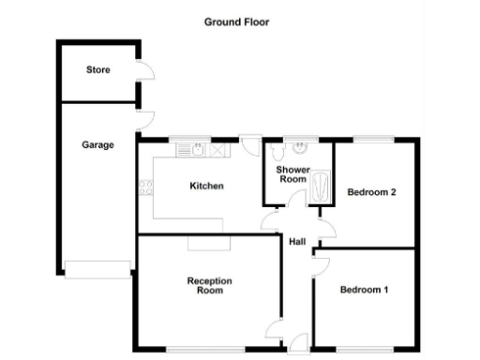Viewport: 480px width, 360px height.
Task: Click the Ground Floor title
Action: (236, 21)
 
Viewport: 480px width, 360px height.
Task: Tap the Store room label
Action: (97, 70)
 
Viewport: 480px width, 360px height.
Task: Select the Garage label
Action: (97, 145)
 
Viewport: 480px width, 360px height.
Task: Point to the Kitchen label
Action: (206, 186)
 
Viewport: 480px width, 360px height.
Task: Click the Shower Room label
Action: (292, 174)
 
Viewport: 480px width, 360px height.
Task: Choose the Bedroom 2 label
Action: (372, 193)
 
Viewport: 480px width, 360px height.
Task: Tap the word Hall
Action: (297, 243)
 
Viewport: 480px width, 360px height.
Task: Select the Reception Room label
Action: (209, 286)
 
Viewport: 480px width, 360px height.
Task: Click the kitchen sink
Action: (198, 147)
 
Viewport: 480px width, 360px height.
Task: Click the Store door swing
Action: (144, 73)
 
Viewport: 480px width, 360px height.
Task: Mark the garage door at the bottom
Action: (97, 271)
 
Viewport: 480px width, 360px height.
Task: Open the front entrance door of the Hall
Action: (298, 346)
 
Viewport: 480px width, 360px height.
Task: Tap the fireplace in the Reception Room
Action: (202, 242)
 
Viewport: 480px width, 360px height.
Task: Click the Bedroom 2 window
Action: (371, 140)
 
